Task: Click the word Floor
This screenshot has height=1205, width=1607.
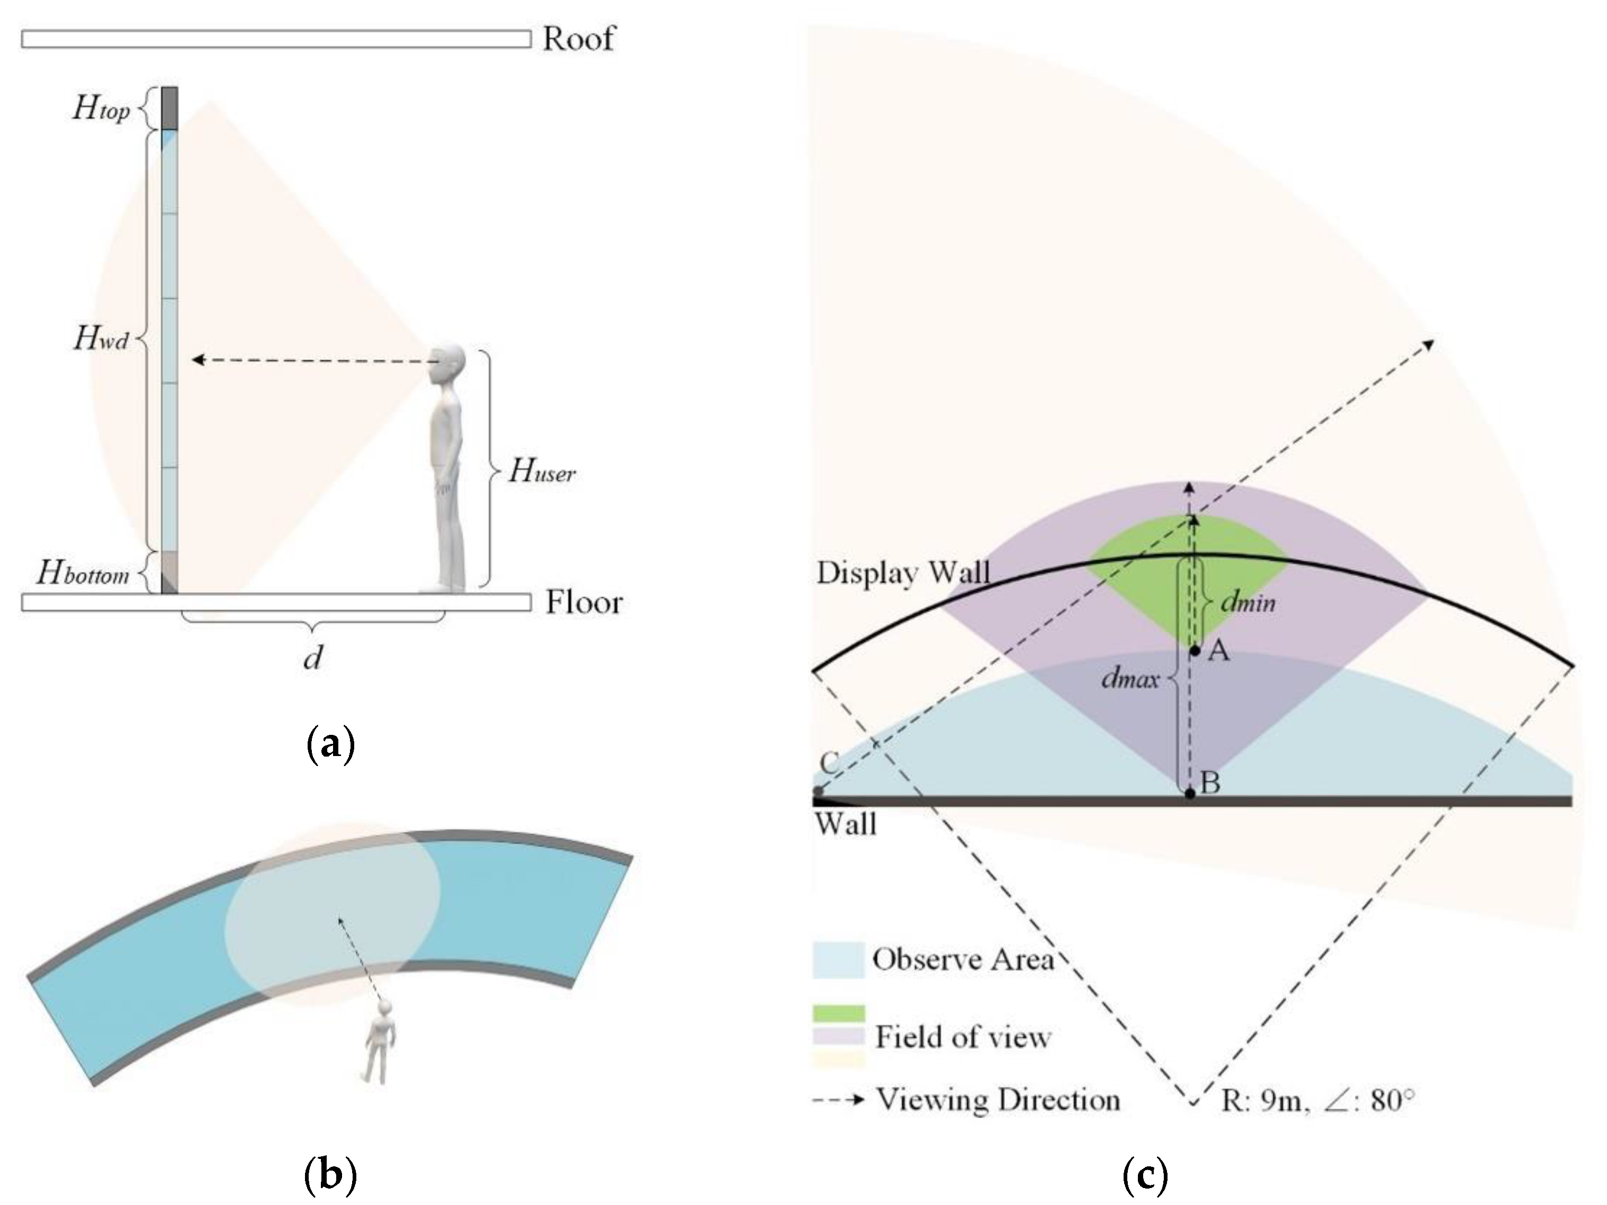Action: point(583,603)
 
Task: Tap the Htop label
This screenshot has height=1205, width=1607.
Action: point(101,109)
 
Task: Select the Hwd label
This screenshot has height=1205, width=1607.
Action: point(101,338)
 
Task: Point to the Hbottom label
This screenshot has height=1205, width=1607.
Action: point(82,574)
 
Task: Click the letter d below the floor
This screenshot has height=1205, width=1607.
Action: point(312,658)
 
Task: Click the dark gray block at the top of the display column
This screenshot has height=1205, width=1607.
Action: point(169,107)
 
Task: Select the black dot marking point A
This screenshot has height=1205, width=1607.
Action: point(1195,651)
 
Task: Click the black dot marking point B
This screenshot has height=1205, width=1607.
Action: point(1190,794)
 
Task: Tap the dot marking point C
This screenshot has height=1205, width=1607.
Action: point(819,792)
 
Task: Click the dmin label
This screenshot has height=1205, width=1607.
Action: point(1247,602)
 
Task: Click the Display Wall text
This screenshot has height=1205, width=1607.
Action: point(903,573)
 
